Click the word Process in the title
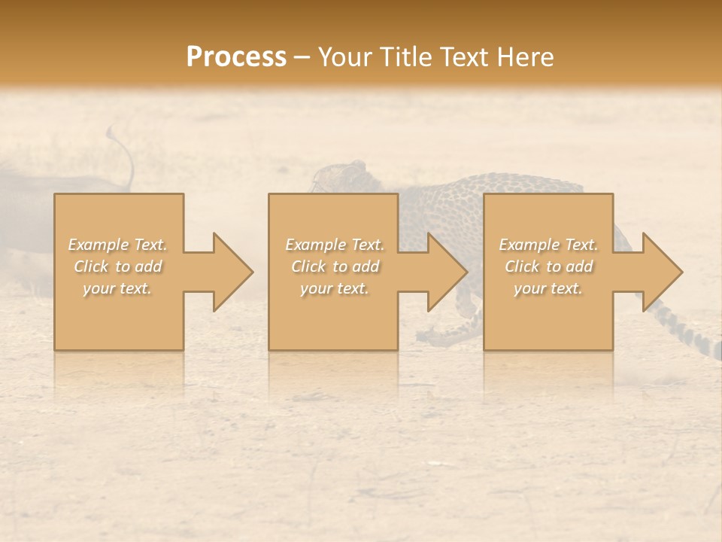pyautogui.click(x=236, y=57)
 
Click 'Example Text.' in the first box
pyautogui.click(x=117, y=245)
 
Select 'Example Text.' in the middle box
pyautogui.click(x=334, y=245)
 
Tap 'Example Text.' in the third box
pyautogui.click(x=548, y=245)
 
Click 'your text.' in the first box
pyautogui.click(x=117, y=288)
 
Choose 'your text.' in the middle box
pyautogui.click(x=334, y=288)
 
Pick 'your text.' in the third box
pyautogui.click(x=548, y=288)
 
